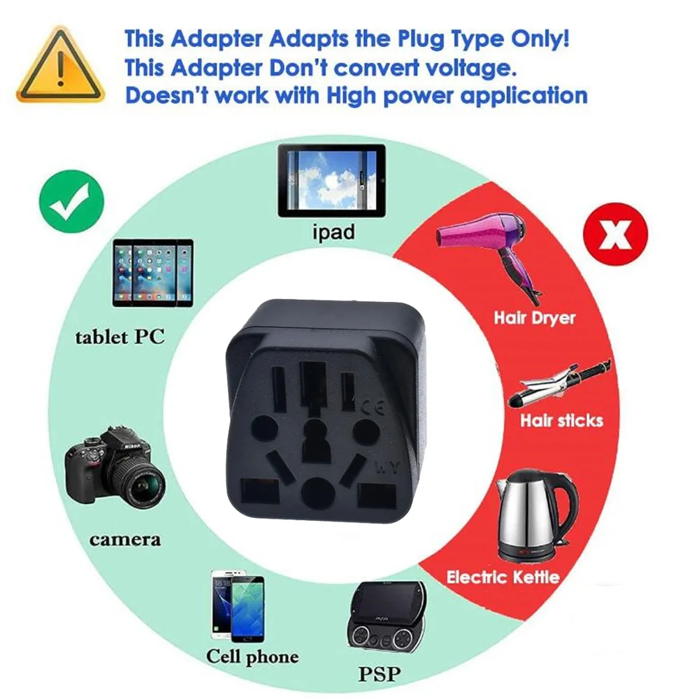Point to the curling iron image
pos(559,384)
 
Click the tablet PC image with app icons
pos(153,272)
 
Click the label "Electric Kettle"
pos(503,577)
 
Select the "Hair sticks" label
pos(561,420)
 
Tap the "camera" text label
pos(125,539)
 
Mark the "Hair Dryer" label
pos(535,317)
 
